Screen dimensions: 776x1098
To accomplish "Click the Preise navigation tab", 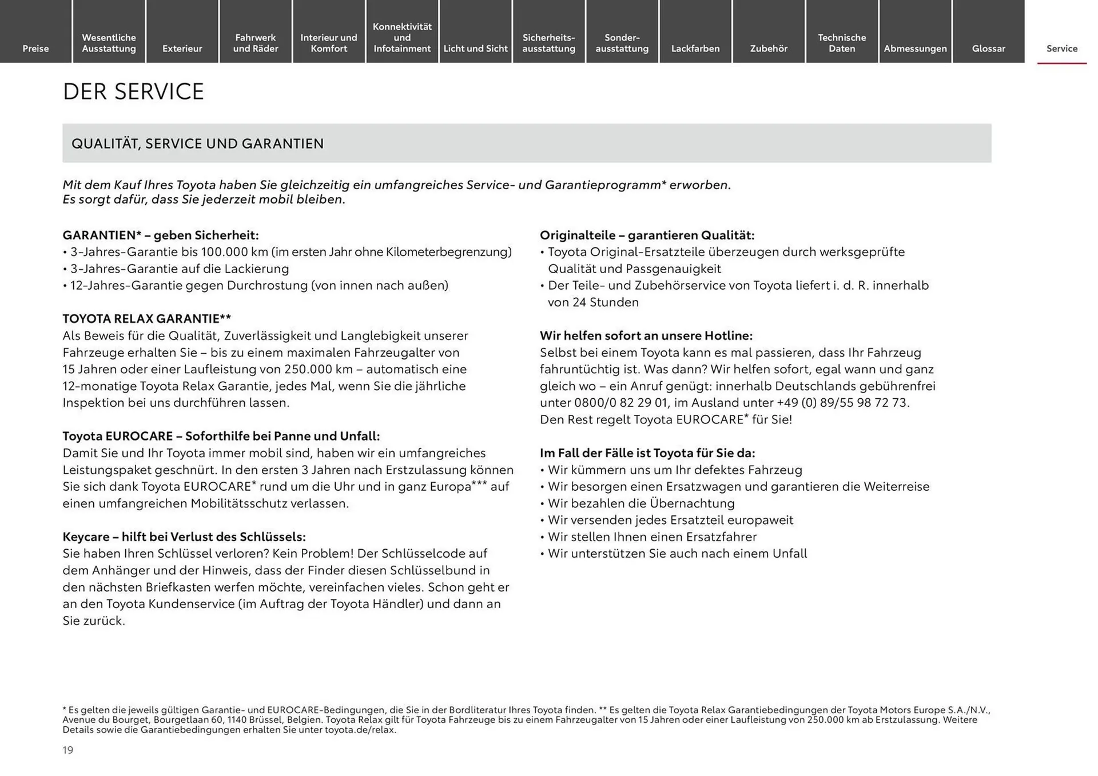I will tap(35, 49).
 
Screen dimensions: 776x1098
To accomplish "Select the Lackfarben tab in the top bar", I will tap(695, 49).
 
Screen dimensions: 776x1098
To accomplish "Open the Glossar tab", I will tap(988, 49).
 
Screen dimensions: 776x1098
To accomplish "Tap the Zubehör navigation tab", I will tap(769, 49).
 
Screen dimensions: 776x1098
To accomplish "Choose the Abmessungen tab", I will tap(915, 49).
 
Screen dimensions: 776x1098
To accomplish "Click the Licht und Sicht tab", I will tap(475, 49).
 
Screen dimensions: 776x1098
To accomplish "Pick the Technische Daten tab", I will tap(842, 43).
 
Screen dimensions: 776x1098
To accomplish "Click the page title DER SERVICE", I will tap(133, 91).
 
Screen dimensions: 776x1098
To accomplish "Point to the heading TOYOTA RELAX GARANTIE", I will tap(146, 319).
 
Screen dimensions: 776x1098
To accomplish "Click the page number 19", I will tap(68, 750).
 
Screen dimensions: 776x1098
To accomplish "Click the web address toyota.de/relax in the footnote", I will tap(360, 730).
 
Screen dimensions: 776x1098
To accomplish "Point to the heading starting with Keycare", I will tap(184, 537).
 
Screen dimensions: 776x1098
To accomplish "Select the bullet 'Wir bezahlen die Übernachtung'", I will tap(640, 503).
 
